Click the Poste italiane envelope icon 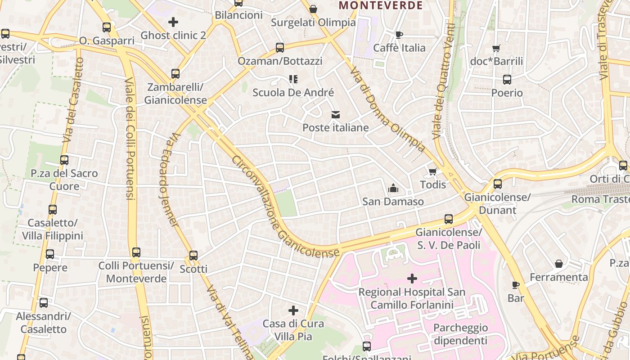[336, 115]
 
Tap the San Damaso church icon [393, 188]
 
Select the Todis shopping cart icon [433, 171]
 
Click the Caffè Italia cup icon [399, 35]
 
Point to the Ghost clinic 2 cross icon [173, 22]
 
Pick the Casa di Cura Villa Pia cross [293, 310]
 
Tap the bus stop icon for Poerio [507, 80]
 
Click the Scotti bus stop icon [193, 256]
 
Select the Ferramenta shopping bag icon [559, 264]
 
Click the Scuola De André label [293, 93]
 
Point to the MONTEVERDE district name [381, 5]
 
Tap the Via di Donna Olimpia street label [387, 109]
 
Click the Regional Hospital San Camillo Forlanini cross [412, 279]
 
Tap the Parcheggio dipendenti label [461, 334]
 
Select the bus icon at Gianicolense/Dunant [497, 184]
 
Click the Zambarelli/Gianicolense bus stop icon [175, 74]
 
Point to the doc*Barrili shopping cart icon [496, 48]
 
